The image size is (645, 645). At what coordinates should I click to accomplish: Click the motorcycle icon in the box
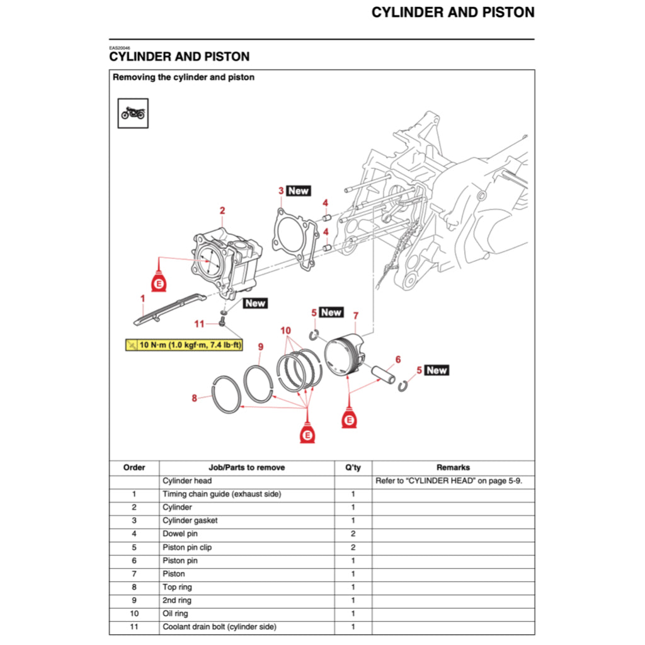[133, 113]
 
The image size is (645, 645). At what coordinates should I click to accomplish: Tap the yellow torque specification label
[184, 345]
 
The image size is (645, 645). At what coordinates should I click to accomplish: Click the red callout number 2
[222, 211]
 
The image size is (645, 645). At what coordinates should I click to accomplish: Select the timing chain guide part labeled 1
[169, 309]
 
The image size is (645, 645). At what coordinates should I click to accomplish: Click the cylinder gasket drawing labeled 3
[292, 240]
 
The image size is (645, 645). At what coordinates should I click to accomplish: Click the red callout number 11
[200, 324]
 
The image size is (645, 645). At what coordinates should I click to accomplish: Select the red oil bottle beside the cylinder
[159, 282]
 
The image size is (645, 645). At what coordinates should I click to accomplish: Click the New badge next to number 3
[298, 190]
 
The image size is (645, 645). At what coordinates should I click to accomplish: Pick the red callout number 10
[285, 331]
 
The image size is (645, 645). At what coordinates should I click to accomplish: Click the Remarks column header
[453, 467]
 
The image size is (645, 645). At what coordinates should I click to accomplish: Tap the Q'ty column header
[353, 467]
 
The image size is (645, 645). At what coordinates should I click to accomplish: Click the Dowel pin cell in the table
[180, 534]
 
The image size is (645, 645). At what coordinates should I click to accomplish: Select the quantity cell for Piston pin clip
[353, 547]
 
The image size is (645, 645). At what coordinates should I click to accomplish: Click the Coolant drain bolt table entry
[219, 627]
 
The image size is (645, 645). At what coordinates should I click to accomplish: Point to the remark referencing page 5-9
[449, 481]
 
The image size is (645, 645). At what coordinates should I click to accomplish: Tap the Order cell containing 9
[134, 600]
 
